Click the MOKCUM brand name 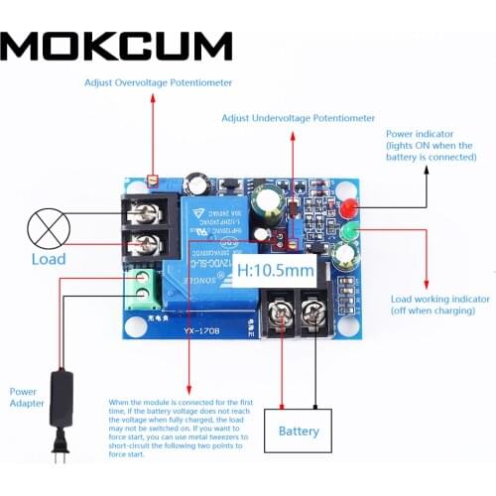pyautogui.click(x=118, y=47)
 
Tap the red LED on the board pyautogui.click(x=348, y=210)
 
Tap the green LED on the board pyautogui.click(x=348, y=234)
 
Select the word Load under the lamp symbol pyautogui.click(x=47, y=259)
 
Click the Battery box pyautogui.click(x=299, y=431)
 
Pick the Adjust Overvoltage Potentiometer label pyautogui.click(x=154, y=84)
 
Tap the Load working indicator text pyautogui.click(x=438, y=299)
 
